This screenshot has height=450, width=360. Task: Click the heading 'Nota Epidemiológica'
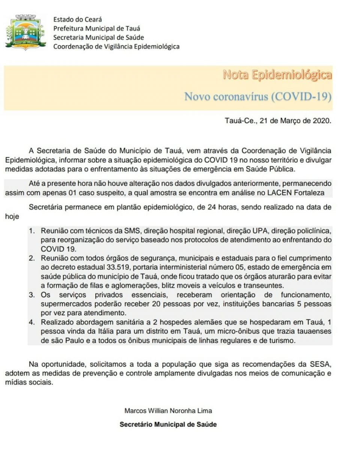coord(277,75)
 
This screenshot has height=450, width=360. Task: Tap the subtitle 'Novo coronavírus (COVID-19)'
coord(258,96)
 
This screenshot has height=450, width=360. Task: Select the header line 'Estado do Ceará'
coord(78,19)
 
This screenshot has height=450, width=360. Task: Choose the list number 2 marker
coord(33,259)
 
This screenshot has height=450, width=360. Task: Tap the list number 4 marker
coord(33,322)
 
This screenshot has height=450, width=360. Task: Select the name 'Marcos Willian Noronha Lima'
coord(168,411)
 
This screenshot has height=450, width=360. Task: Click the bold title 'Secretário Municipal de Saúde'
coord(168,425)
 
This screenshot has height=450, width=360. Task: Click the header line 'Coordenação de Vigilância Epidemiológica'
coord(116,46)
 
